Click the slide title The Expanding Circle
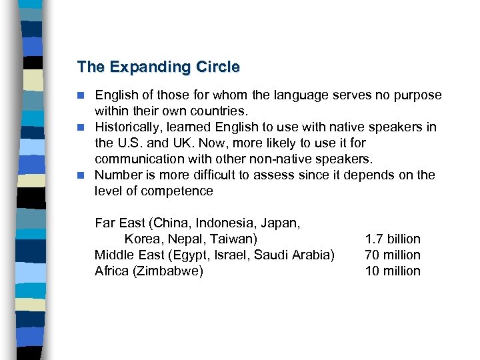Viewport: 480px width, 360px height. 158,67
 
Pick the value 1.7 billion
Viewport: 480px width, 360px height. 393,239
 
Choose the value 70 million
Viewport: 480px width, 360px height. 393,255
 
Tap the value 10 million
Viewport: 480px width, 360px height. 393,271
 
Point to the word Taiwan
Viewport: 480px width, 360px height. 234,239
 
